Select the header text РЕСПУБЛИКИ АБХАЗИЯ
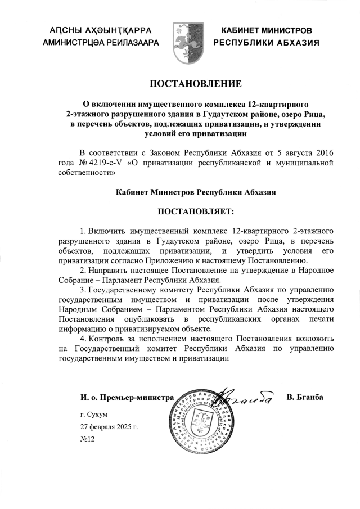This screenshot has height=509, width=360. (267, 42)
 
